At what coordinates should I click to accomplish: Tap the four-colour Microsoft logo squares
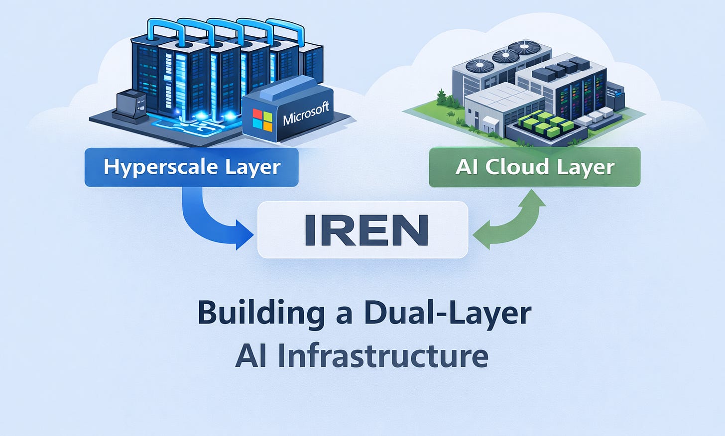click(262, 120)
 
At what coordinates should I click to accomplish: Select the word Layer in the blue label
click(252, 167)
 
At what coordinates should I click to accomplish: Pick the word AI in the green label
click(467, 167)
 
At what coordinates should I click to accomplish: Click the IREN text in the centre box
click(366, 230)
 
